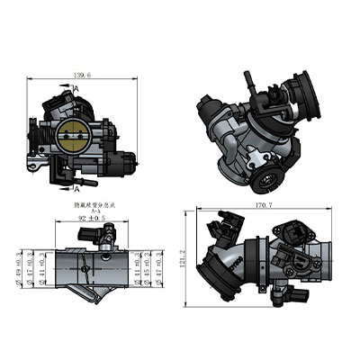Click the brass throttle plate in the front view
click(x=72, y=137)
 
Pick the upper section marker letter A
click(x=78, y=89)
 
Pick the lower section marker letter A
click(x=78, y=190)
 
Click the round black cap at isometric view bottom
click(x=267, y=178)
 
